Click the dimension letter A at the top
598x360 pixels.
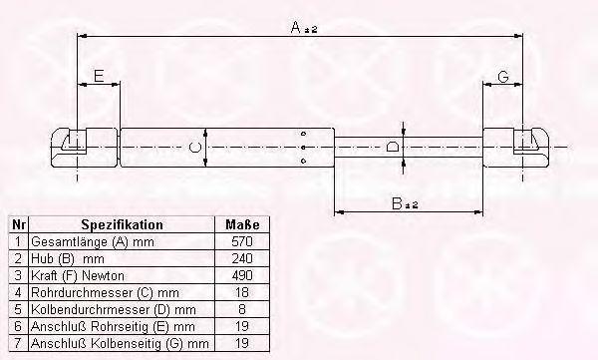coord(296,27)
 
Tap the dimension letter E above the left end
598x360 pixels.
coord(99,76)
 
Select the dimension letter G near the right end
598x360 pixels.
coord(503,77)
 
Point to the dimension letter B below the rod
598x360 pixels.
coord(397,203)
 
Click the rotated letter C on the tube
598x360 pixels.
coord(195,147)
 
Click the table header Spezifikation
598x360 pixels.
coord(122,224)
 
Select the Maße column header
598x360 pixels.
coord(242,224)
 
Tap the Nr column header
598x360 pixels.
coord(18,224)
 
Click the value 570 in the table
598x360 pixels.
coord(242,241)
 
